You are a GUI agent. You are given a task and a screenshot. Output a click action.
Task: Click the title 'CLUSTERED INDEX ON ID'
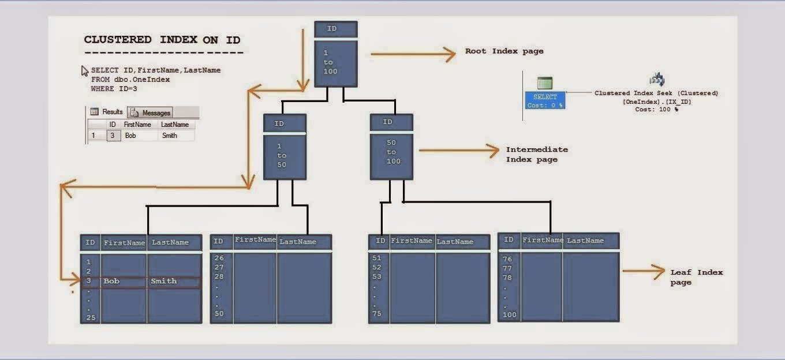click(162, 40)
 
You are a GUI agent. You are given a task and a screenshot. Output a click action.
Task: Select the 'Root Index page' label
click(504, 51)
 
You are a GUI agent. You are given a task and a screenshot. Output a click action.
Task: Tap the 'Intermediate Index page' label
click(536, 154)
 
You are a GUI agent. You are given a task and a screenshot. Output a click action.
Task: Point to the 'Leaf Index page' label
click(696, 277)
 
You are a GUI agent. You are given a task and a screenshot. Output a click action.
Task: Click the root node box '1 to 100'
click(336, 62)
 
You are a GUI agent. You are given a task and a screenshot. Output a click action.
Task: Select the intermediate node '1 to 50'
click(285, 156)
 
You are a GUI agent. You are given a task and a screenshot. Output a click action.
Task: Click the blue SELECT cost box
click(545, 101)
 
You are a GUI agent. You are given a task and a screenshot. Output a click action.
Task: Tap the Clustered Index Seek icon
click(656, 80)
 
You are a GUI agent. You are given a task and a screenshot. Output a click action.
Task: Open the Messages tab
click(151, 112)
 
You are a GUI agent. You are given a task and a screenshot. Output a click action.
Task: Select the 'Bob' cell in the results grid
click(131, 136)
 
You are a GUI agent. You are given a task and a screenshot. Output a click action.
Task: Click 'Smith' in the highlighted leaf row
click(163, 281)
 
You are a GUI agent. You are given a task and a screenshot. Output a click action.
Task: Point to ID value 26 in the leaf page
click(219, 258)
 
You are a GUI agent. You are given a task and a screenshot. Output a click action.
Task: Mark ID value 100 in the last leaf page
click(509, 315)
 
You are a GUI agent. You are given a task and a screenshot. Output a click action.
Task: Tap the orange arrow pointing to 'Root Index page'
click(413, 54)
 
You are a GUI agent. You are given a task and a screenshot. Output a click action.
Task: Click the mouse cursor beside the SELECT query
click(85, 71)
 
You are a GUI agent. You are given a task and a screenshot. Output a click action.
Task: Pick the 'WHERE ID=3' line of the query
click(114, 89)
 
